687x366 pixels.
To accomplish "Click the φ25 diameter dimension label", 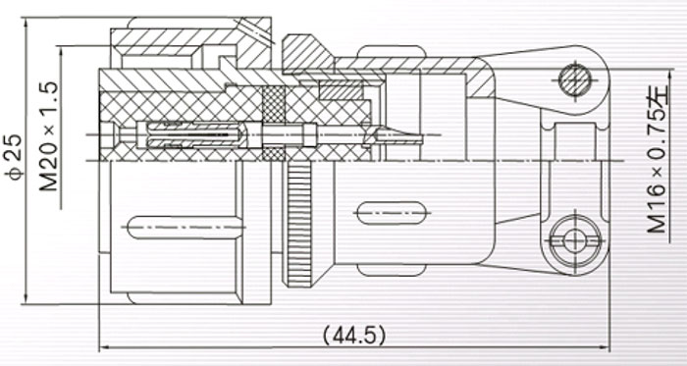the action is tap(13, 157).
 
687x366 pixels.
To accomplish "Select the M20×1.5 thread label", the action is tap(49, 136).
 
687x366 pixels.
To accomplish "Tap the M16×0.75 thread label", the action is tap(658, 159).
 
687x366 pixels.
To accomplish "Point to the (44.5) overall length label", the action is tap(354, 336).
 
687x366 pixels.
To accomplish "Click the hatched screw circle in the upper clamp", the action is tap(575, 80).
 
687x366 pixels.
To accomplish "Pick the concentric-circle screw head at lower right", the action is tap(575, 240).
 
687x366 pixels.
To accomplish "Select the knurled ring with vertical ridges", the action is tap(299, 224).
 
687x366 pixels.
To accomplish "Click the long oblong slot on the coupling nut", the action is tap(185, 228).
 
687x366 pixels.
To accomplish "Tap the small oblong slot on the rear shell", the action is tap(392, 213).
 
